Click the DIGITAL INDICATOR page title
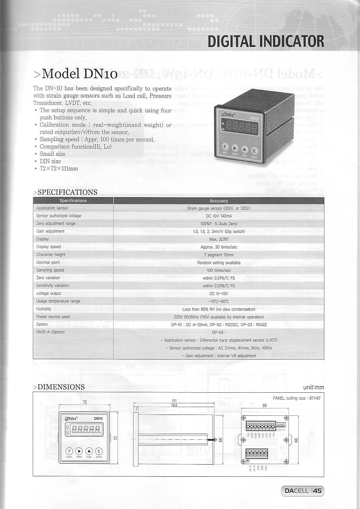pyautogui.click(x=265, y=41)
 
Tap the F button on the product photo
pyautogui.click(x=225, y=147)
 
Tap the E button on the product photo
pyautogui.click(x=255, y=151)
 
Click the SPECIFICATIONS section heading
pyautogui.click(x=65, y=192)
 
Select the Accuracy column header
pyautogui.click(x=219, y=201)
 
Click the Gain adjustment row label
pyautogui.click(x=50, y=231)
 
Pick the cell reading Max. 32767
pyautogui.click(x=219, y=239)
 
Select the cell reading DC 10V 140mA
pyautogui.click(x=219, y=216)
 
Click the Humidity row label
pyautogui.click(x=44, y=309)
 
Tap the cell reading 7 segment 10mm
pyautogui.click(x=219, y=255)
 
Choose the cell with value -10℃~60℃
pyautogui.click(x=219, y=301)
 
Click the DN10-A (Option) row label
pyautogui.click(x=50, y=332)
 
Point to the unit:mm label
pyautogui.click(x=313, y=388)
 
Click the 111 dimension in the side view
pyautogui.click(x=174, y=401)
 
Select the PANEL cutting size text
pyautogui.click(x=296, y=398)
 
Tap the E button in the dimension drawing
pyautogui.click(x=99, y=451)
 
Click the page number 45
pyautogui.click(x=317, y=491)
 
